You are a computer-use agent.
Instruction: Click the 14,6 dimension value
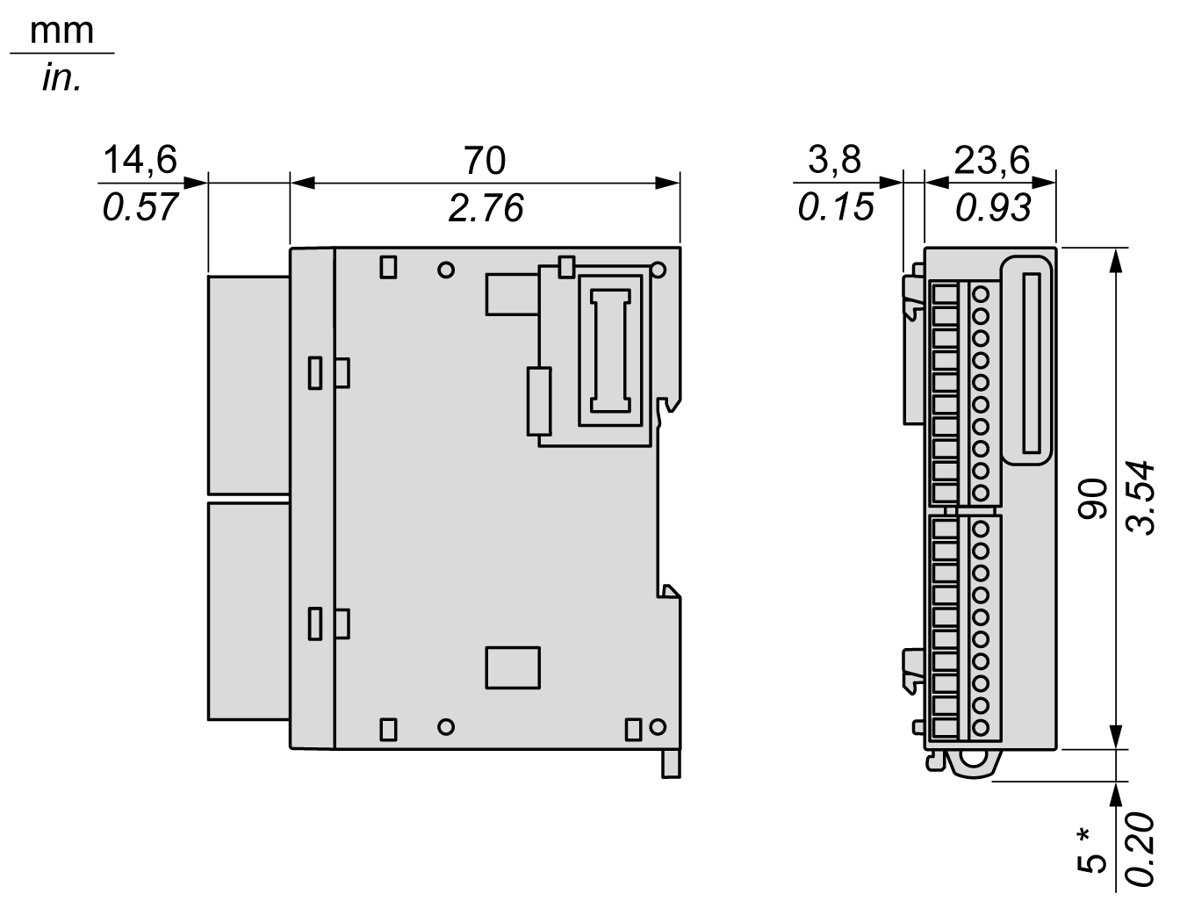tap(140, 160)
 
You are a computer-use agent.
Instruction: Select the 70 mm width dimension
tap(485, 160)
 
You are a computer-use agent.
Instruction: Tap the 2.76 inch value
tap(486, 208)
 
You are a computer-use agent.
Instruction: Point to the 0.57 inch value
tap(140, 207)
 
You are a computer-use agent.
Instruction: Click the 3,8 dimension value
tap(834, 160)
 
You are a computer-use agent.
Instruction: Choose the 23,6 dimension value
tap(992, 160)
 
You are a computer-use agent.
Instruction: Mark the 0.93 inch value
tap(993, 207)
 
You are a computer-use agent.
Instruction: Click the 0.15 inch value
tap(836, 207)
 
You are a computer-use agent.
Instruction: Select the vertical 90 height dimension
tap(1093, 498)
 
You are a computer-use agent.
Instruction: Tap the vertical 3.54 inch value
tap(1140, 498)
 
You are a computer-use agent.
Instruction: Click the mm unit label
tap(61, 32)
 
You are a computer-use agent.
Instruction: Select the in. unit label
tap(61, 78)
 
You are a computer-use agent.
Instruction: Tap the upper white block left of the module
tap(248, 385)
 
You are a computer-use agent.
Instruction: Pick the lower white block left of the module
tap(248, 611)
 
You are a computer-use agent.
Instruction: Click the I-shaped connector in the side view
tap(610, 351)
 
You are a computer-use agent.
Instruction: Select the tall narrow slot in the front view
tap(1032, 364)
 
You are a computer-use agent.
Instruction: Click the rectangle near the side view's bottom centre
tap(513, 667)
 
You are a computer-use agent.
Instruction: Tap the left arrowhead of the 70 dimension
tap(302, 184)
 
